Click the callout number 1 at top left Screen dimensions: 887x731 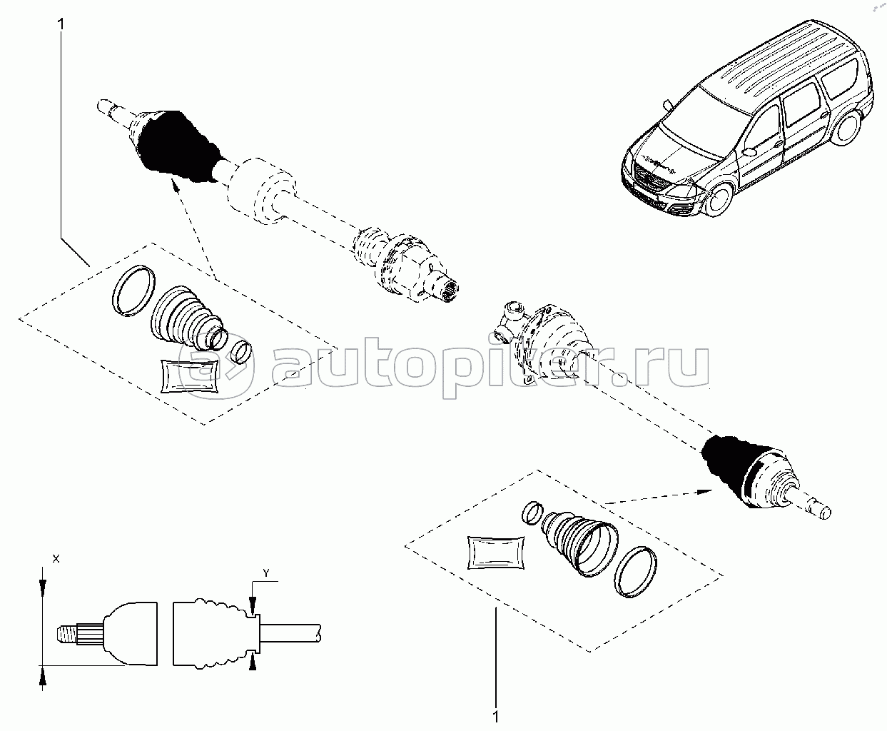coord(61,24)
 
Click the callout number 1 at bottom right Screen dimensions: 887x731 coord(495,717)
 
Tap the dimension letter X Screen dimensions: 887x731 coord(56,559)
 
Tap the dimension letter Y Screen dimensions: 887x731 coord(266,573)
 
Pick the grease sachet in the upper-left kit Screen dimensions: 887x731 coord(189,375)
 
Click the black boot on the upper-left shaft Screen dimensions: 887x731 coord(178,146)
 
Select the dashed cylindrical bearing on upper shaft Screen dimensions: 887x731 coord(262,191)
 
